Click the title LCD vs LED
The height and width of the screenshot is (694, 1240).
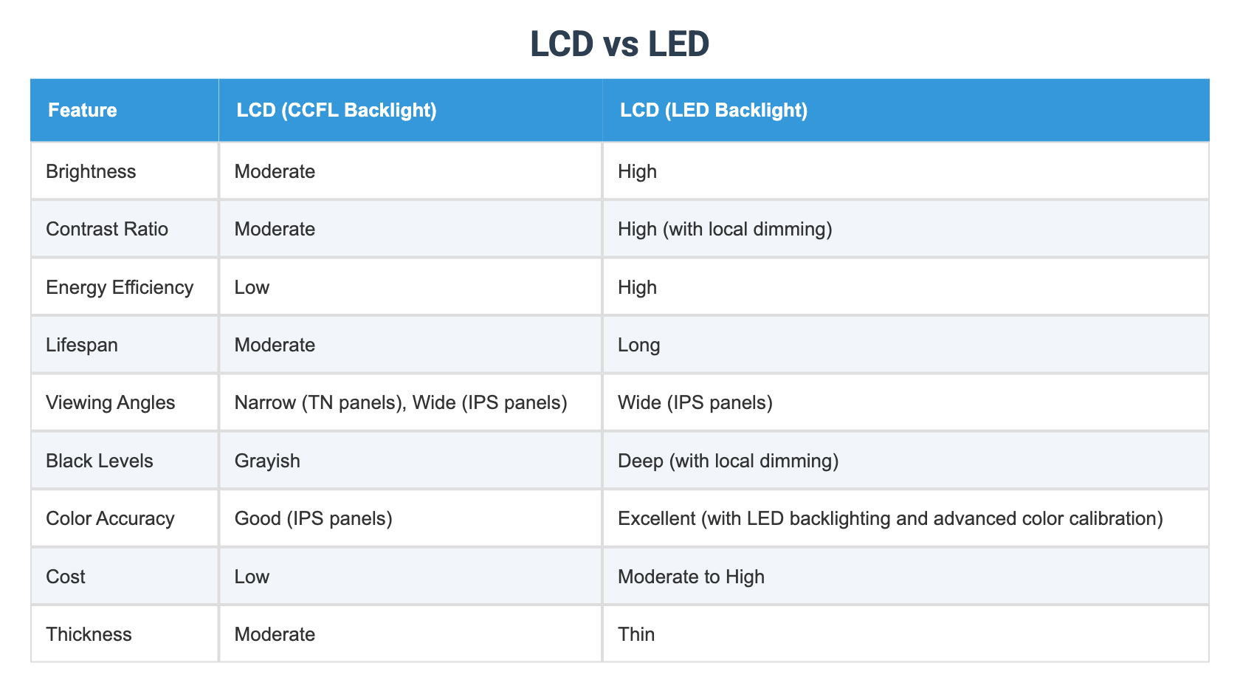[619, 44]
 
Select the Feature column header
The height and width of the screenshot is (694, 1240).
[83, 111]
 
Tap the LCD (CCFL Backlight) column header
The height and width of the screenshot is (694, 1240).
[337, 111]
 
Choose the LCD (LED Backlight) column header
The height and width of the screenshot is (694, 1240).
[714, 111]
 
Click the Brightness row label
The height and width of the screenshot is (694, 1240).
[91, 172]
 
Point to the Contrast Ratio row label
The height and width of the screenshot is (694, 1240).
[107, 230]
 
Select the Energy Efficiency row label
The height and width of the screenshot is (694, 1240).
[120, 287]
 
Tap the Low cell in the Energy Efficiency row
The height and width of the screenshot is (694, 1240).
[252, 287]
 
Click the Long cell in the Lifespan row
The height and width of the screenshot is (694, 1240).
[639, 346]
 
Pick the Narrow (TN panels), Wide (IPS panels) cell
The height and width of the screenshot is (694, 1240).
[401, 403]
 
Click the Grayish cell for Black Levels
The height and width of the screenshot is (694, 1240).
[267, 461]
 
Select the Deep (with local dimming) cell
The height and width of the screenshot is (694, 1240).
[728, 461]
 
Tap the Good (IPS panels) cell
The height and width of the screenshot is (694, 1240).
[313, 519]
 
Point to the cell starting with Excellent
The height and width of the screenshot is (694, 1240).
[890, 519]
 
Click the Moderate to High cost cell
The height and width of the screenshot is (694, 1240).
[691, 577]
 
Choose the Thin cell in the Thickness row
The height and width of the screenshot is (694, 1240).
[636, 635]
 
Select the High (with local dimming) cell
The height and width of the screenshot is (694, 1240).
[725, 230]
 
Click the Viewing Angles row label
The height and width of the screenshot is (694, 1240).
[111, 403]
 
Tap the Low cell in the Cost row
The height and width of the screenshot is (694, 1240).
[252, 577]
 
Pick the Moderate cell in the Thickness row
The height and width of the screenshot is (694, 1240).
[275, 635]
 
